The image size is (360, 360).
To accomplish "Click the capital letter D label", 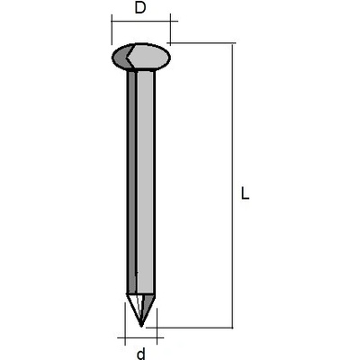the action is tap(140, 7).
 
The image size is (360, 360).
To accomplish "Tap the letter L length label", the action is tap(245, 193).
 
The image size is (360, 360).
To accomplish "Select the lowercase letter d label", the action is tap(140, 354).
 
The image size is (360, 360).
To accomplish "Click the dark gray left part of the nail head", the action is tap(121, 57).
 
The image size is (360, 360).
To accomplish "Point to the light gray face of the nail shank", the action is tap(146, 182).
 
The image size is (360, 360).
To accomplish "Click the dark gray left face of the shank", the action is tap(131, 182).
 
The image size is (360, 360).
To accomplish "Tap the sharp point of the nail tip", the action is tap(141, 326).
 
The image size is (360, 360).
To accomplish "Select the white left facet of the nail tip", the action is tap(134, 306).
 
